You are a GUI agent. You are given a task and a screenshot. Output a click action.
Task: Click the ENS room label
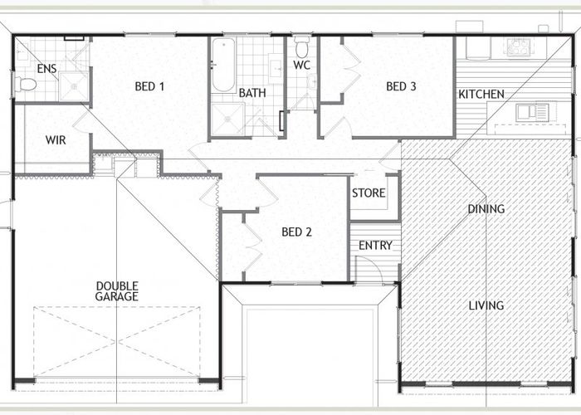(x=46, y=68)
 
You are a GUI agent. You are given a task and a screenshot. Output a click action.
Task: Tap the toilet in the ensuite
(x=25, y=84)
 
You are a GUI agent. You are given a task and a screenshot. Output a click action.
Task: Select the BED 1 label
(x=149, y=86)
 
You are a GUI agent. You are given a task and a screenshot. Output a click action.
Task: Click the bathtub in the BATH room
(x=223, y=66)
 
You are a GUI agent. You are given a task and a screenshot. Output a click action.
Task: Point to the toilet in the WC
(x=302, y=46)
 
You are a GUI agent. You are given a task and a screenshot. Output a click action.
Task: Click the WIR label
(x=56, y=140)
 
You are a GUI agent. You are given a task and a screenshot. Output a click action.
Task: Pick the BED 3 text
(x=401, y=86)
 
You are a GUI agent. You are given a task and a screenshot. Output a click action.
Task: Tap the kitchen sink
(x=532, y=113)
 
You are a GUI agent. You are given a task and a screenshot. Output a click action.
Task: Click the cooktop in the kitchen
(x=519, y=47)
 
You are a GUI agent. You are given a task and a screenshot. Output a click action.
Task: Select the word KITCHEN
(x=481, y=94)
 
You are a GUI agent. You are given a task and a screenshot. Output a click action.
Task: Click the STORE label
(x=369, y=193)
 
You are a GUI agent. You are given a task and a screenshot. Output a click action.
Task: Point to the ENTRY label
(x=375, y=246)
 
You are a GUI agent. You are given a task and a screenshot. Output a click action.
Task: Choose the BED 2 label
(x=296, y=232)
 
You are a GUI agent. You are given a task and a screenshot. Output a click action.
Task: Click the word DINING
(x=486, y=209)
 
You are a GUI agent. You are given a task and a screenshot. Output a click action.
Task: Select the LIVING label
(x=486, y=305)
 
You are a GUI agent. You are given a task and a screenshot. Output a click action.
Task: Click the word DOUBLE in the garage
(x=117, y=286)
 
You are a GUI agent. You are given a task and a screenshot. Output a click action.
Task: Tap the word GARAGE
(x=117, y=296)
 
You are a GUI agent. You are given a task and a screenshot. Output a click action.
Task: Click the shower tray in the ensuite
(x=74, y=86)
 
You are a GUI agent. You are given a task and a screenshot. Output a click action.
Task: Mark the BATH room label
(x=252, y=93)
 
